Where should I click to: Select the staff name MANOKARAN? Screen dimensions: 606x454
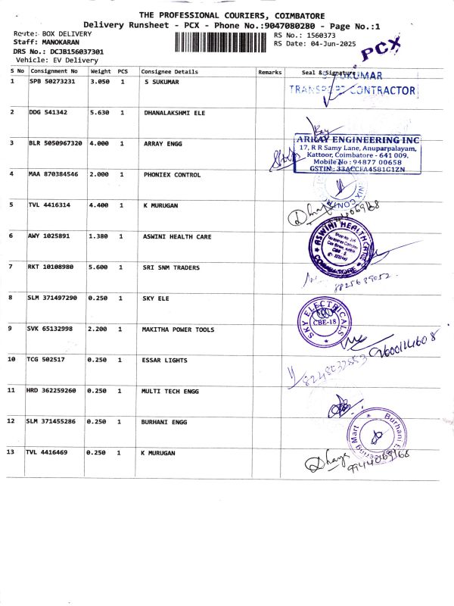pos(61,42)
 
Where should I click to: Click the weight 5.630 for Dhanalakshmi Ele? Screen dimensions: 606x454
pos(100,112)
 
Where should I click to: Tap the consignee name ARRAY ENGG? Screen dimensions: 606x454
pos(162,143)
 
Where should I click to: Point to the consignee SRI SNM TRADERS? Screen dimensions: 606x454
pos(172,267)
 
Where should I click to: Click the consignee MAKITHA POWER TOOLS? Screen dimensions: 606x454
pos(179,330)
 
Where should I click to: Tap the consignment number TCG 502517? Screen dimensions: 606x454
pos(47,359)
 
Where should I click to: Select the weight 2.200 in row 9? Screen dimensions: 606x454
pos(100,330)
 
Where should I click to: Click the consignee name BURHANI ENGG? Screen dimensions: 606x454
pos(165,420)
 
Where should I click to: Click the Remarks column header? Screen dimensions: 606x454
pos(269,72)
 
